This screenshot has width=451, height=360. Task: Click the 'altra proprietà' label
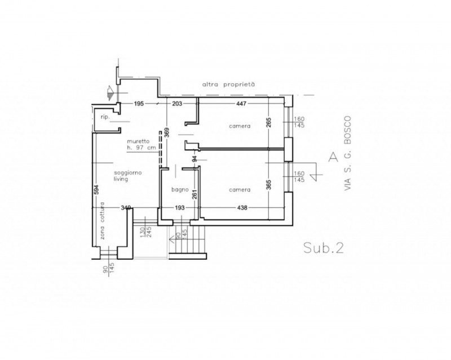point(228,85)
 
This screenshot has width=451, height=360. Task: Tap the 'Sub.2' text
point(324,247)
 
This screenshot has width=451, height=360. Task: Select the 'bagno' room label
point(180,189)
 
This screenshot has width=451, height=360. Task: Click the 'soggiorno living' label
point(128,176)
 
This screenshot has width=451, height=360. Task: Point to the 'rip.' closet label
point(105,117)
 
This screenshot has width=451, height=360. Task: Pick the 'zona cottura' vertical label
point(103,221)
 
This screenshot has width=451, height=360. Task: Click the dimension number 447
point(241,104)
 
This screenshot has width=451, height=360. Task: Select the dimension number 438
point(242,207)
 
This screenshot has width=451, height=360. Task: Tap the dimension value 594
point(96,189)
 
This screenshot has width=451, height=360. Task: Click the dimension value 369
point(167,132)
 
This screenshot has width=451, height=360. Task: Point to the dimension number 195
point(139,104)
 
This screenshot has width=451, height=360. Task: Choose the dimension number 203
point(177,104)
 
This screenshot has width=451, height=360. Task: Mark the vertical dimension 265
point(269,123)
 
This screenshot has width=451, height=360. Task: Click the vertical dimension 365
point(269,185)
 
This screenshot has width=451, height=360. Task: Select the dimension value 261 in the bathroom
point(194,194)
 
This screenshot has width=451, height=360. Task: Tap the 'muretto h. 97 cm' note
point(142,145)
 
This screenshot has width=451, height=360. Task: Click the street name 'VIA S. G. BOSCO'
point(348,153)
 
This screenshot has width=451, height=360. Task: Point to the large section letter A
point(333,157)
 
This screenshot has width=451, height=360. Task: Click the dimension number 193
point(179,207)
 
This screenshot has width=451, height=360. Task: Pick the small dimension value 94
point(194,159)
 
